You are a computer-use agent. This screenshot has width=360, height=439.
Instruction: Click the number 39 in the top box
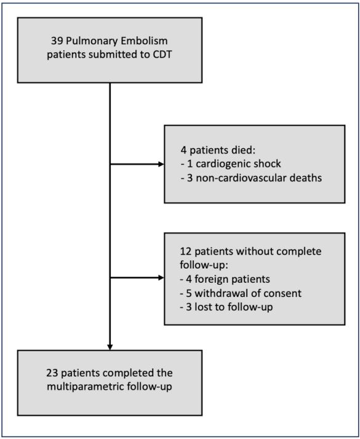coord(57,41)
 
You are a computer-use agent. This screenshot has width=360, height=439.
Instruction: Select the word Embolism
coord(144,41)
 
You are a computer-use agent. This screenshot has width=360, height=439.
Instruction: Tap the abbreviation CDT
coord(162,55)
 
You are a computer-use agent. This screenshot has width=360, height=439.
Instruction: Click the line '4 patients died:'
coord(218,151)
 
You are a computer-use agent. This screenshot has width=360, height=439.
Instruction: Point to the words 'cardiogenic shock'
coord(238,164)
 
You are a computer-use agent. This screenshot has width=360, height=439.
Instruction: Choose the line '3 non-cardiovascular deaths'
coord(252,178)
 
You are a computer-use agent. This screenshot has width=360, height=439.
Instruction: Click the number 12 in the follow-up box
coord(186,251)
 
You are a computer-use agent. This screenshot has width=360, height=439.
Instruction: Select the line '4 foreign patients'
coord(225,279)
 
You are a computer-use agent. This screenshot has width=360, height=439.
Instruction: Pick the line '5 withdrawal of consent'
coord(241,293)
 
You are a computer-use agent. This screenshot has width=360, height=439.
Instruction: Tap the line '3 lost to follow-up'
coord(226,307)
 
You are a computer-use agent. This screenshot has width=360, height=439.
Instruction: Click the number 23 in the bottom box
coord(52,373)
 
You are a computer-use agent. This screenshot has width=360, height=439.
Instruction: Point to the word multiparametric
coord(85,387)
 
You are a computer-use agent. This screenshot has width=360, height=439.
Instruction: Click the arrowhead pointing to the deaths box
coord(161,164)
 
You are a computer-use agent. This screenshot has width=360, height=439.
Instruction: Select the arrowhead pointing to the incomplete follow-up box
coord(161,278)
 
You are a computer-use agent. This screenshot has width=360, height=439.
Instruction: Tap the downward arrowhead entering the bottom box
coord(110,347)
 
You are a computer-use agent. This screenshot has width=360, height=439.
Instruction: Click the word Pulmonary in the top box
coord(92,42)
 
